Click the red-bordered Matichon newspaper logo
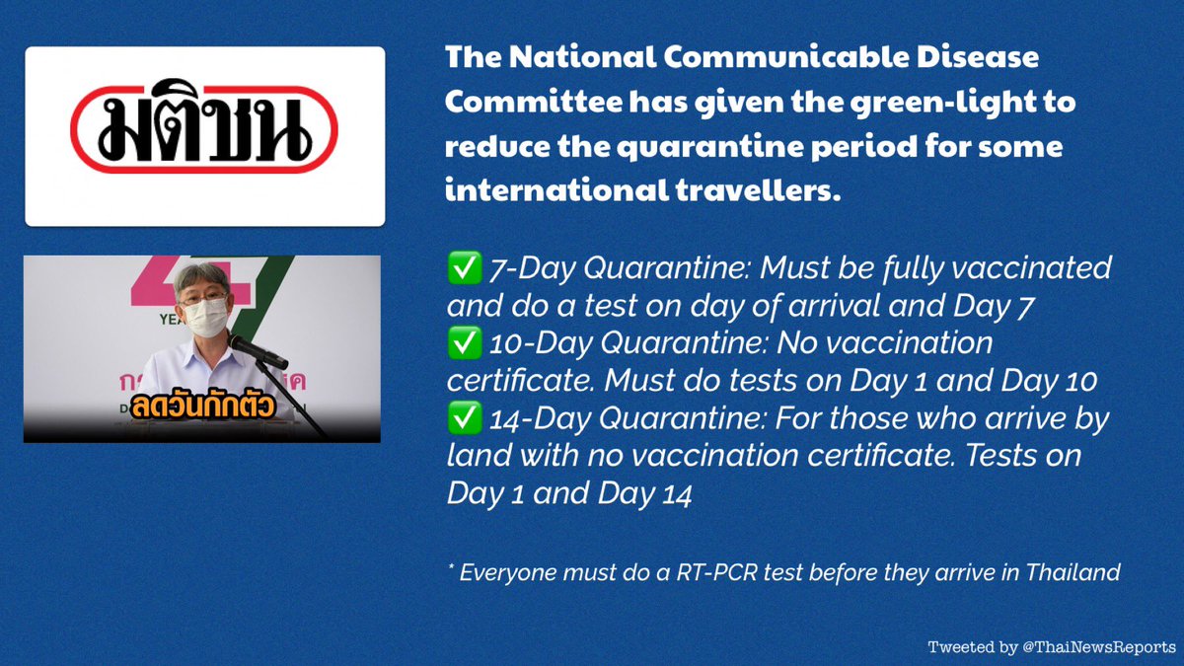(x=204, y=127)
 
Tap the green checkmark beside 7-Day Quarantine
(x=464, y=268)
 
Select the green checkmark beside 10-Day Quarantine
(x=464, y=343)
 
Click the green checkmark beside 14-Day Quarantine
(x=464, y=417)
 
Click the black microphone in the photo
(x=258, y=352)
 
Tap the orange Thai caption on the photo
(x=203, y=406)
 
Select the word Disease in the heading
(x=978, y=57)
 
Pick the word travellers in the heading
(x=758, y=190)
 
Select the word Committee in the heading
(x=534, y=102)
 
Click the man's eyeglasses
(x=203, y=298)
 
